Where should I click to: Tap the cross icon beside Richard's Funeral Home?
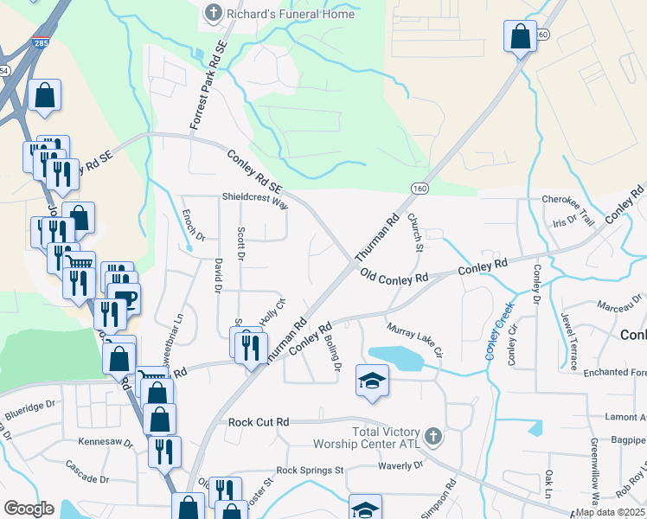213,13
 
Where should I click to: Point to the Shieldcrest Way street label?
254,201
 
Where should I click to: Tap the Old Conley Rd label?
394,278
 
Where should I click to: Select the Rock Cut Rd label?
258,422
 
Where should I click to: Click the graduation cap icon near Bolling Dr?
372,381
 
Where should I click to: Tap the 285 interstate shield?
42,43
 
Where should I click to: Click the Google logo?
29,509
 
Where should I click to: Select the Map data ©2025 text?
611,512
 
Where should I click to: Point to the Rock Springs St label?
310,471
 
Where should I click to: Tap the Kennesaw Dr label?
105,442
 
